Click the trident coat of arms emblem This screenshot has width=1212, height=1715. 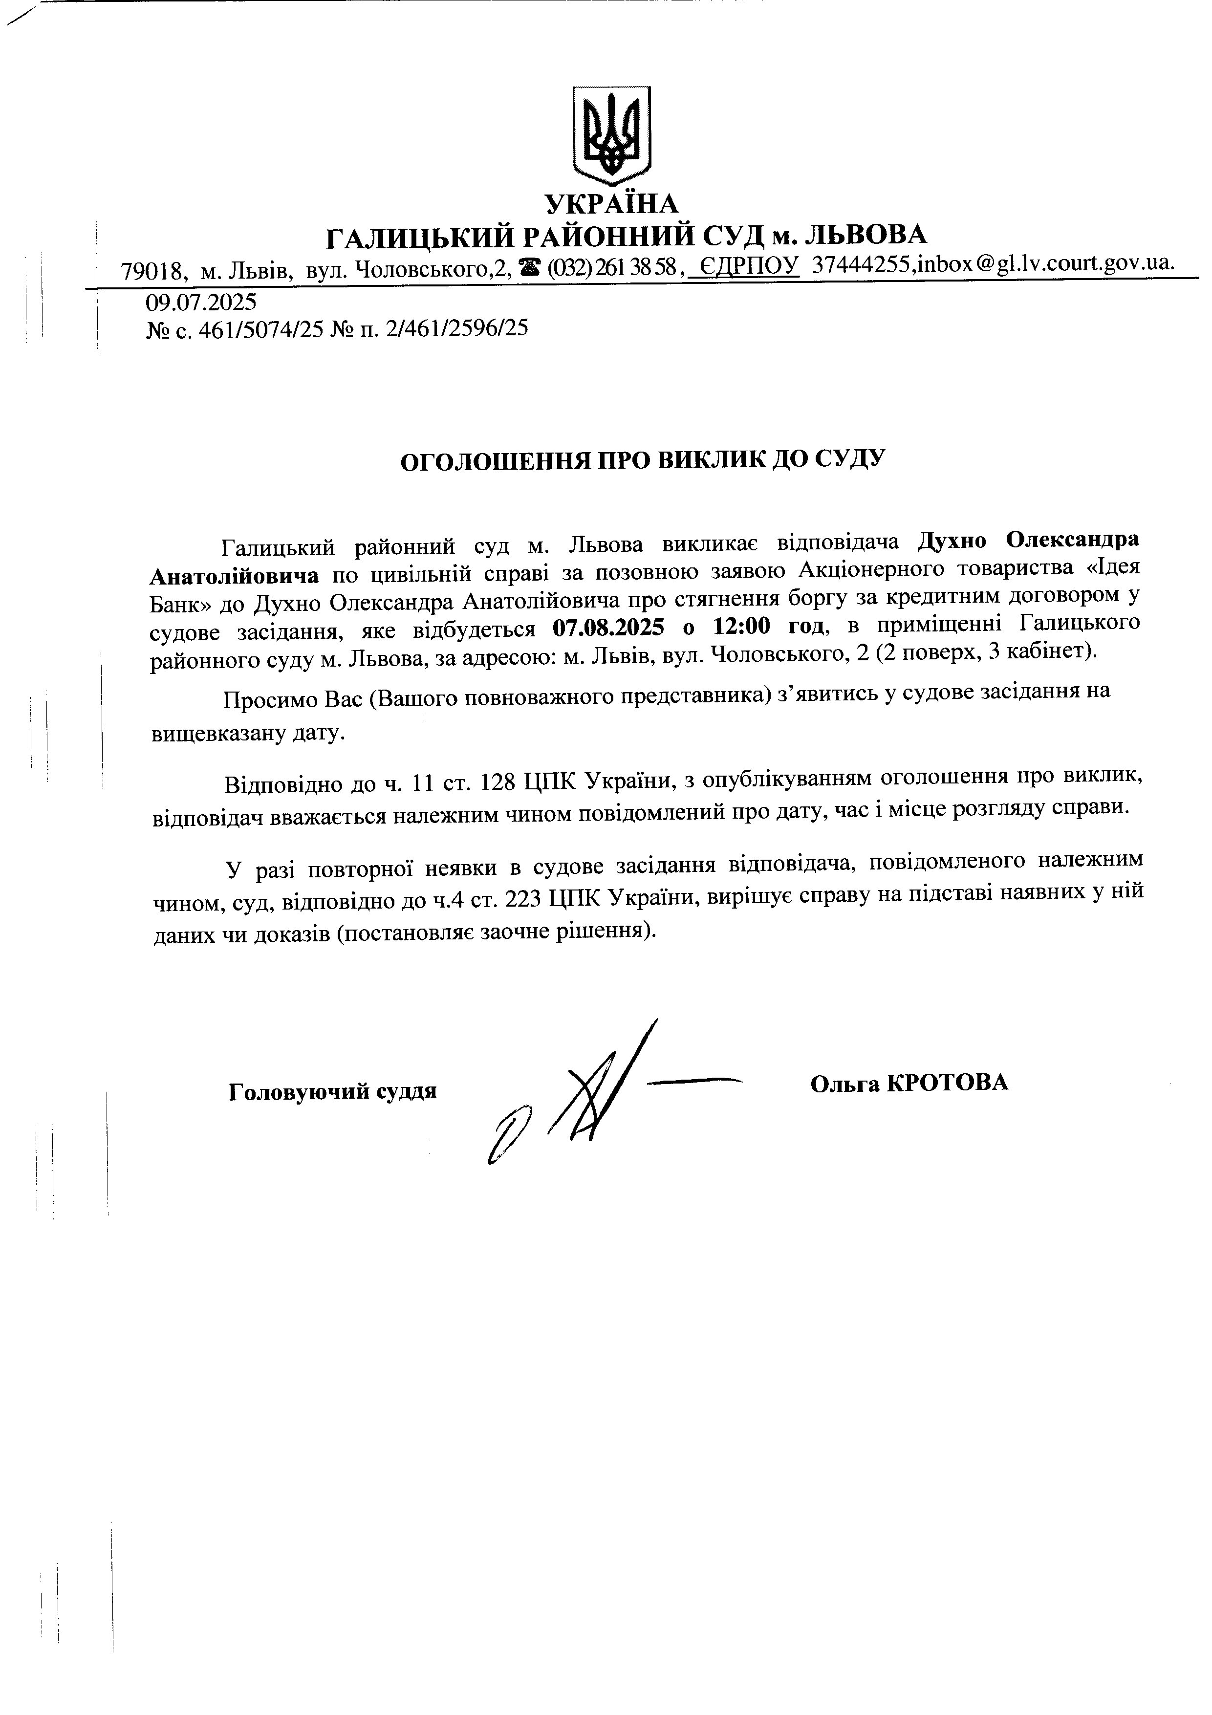coord(611,134)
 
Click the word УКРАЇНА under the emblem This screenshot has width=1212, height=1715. coord(611,203)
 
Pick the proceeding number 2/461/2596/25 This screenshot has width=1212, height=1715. coord(455,328)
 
